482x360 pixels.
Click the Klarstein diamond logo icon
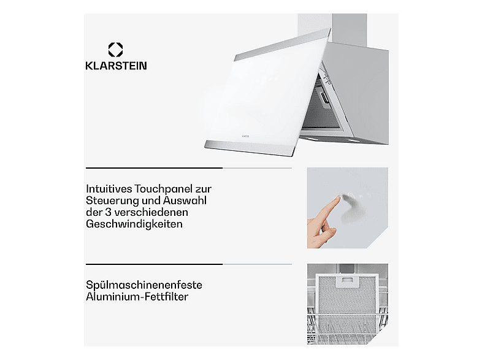point(115,49)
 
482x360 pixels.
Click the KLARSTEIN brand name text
point(115,66)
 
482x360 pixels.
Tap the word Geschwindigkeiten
point(134,224)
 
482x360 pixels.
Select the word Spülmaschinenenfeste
point(143,285)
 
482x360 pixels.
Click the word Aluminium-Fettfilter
point(137,297)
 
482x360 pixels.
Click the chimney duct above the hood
point(332,28)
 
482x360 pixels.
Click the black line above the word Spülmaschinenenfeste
point(153,264)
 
